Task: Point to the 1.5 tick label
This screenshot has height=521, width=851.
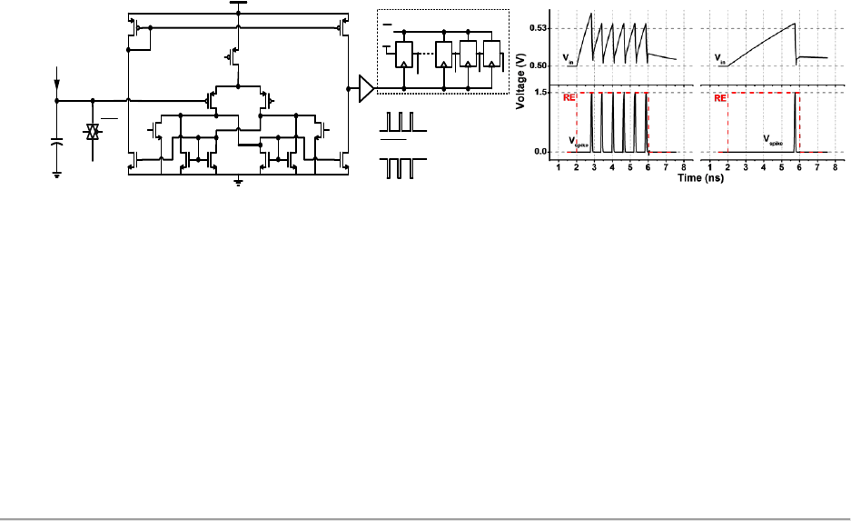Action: click(542, 93)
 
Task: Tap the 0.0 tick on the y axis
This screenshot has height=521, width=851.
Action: click(542, 152)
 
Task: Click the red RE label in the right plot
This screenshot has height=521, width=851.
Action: click(720, 99)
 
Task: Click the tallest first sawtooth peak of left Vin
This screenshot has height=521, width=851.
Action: click(592, 14)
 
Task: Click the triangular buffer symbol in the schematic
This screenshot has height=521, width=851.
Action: click(366, 88)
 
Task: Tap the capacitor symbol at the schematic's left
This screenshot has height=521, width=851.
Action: click(56, 143)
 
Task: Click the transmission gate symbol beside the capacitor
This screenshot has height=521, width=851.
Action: click(92, 133)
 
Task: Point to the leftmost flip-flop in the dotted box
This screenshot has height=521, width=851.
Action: click(403, 55)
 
